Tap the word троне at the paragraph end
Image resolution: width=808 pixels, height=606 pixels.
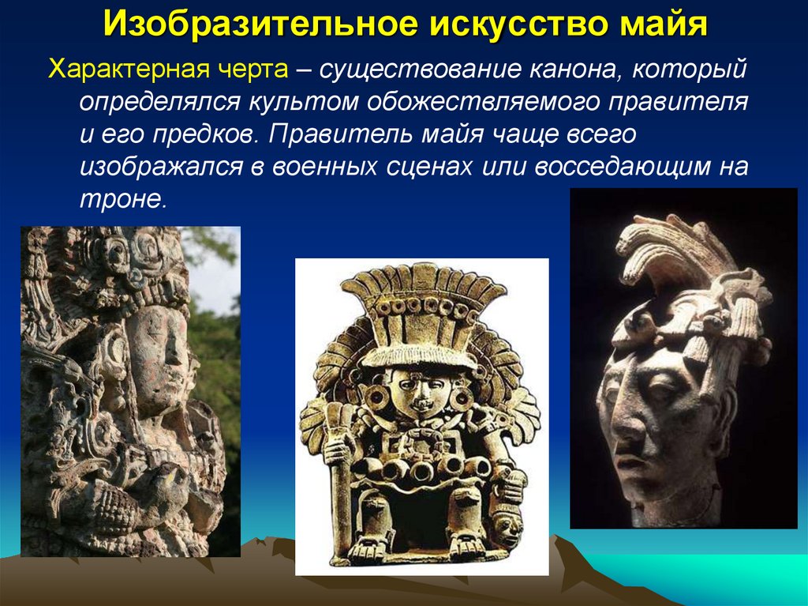122,199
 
